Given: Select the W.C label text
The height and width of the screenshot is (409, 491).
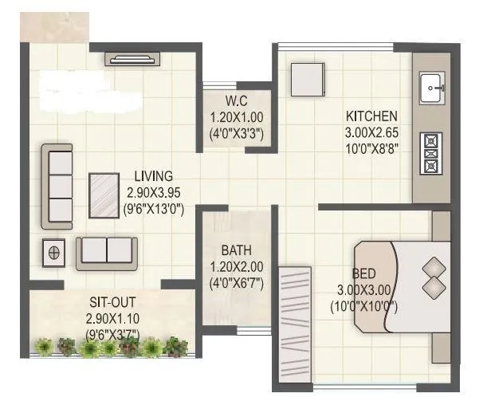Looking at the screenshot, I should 237,101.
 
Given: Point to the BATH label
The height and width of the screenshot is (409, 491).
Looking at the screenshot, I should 237,250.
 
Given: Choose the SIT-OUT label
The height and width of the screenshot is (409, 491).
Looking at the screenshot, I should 112,303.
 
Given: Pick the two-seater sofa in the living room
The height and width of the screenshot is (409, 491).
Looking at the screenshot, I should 107,252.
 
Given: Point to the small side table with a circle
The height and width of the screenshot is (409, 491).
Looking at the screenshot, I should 53,252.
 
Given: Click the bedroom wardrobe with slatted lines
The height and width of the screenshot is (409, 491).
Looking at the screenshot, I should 295,326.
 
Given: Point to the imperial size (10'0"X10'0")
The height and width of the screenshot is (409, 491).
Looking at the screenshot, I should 364,306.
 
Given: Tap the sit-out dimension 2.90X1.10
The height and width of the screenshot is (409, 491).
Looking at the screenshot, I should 112,319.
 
